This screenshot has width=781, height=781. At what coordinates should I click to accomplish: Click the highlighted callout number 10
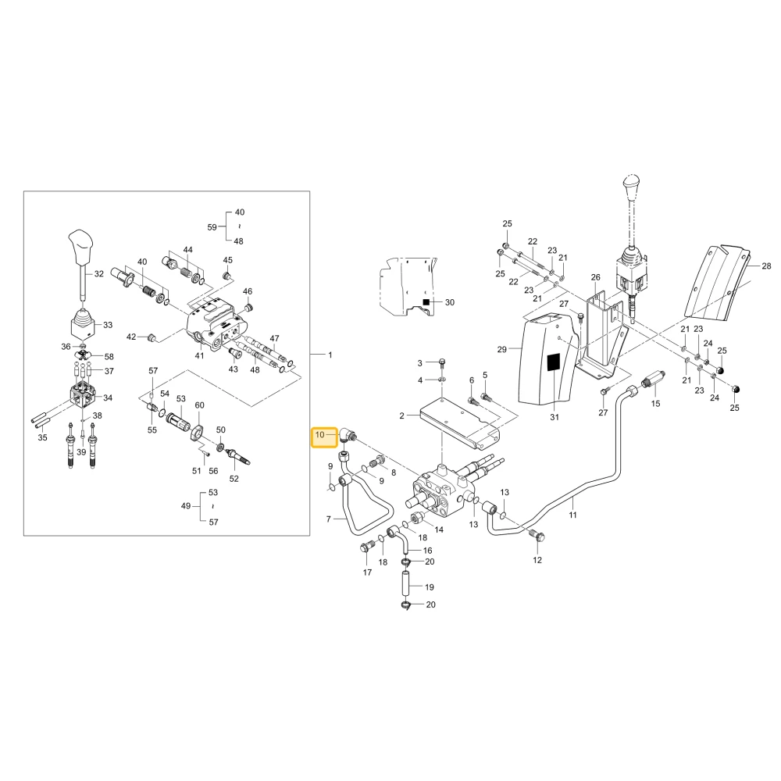[x=319, y=435]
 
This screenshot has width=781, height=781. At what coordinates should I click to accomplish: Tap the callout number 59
[x=212, y=227]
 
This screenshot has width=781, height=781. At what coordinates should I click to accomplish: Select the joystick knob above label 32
[x=81, y=247]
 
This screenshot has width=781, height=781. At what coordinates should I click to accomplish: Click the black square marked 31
[x=554, y=362]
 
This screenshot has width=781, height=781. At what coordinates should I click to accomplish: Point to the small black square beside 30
[x=426, y=301]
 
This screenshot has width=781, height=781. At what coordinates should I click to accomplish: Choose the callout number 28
[x=766, y=266]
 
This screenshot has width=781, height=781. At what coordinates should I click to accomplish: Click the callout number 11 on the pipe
[x=572, y=515]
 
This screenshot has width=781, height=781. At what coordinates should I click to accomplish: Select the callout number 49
[x=186, y=505]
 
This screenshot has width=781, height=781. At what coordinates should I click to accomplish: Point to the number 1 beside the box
[x=330, y=355]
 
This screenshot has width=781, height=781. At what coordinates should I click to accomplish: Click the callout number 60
[x=199, y=405]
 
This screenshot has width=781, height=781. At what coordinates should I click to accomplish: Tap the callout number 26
[x=596, y=277]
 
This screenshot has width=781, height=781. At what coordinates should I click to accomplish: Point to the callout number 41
[x=199, y=355]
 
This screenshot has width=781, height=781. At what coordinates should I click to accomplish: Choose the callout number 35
[x=43, y=437]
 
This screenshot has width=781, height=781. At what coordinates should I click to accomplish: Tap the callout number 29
[x=502, y=349]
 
